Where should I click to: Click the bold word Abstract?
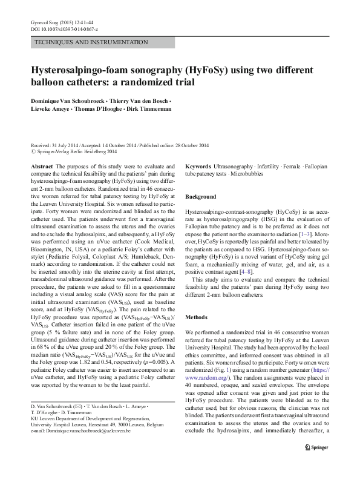pos(41,166)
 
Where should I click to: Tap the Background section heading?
pos(200,197)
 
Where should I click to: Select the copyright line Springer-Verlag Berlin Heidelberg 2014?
pos(84,152)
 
